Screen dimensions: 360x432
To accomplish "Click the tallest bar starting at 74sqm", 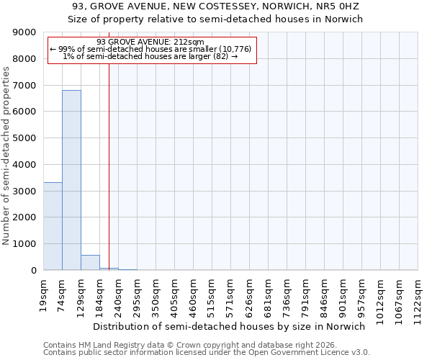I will click(x=71, y=180).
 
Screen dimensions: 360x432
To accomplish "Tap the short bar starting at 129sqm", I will click(x=90, y=263).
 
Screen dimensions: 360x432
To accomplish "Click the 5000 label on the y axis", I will click(x=25, y=138).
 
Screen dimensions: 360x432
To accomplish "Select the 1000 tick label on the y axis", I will click(x=25, y=244).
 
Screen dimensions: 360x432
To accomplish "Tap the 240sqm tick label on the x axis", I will click(x=119, y=296).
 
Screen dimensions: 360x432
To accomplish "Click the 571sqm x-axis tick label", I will click(x=231, y=296).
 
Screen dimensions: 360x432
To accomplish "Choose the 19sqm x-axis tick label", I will click(x=44, y=294).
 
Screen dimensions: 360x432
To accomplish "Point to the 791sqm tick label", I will click(x=306, y=296).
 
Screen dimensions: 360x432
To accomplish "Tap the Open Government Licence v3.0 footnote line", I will click(x=206, y=353).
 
